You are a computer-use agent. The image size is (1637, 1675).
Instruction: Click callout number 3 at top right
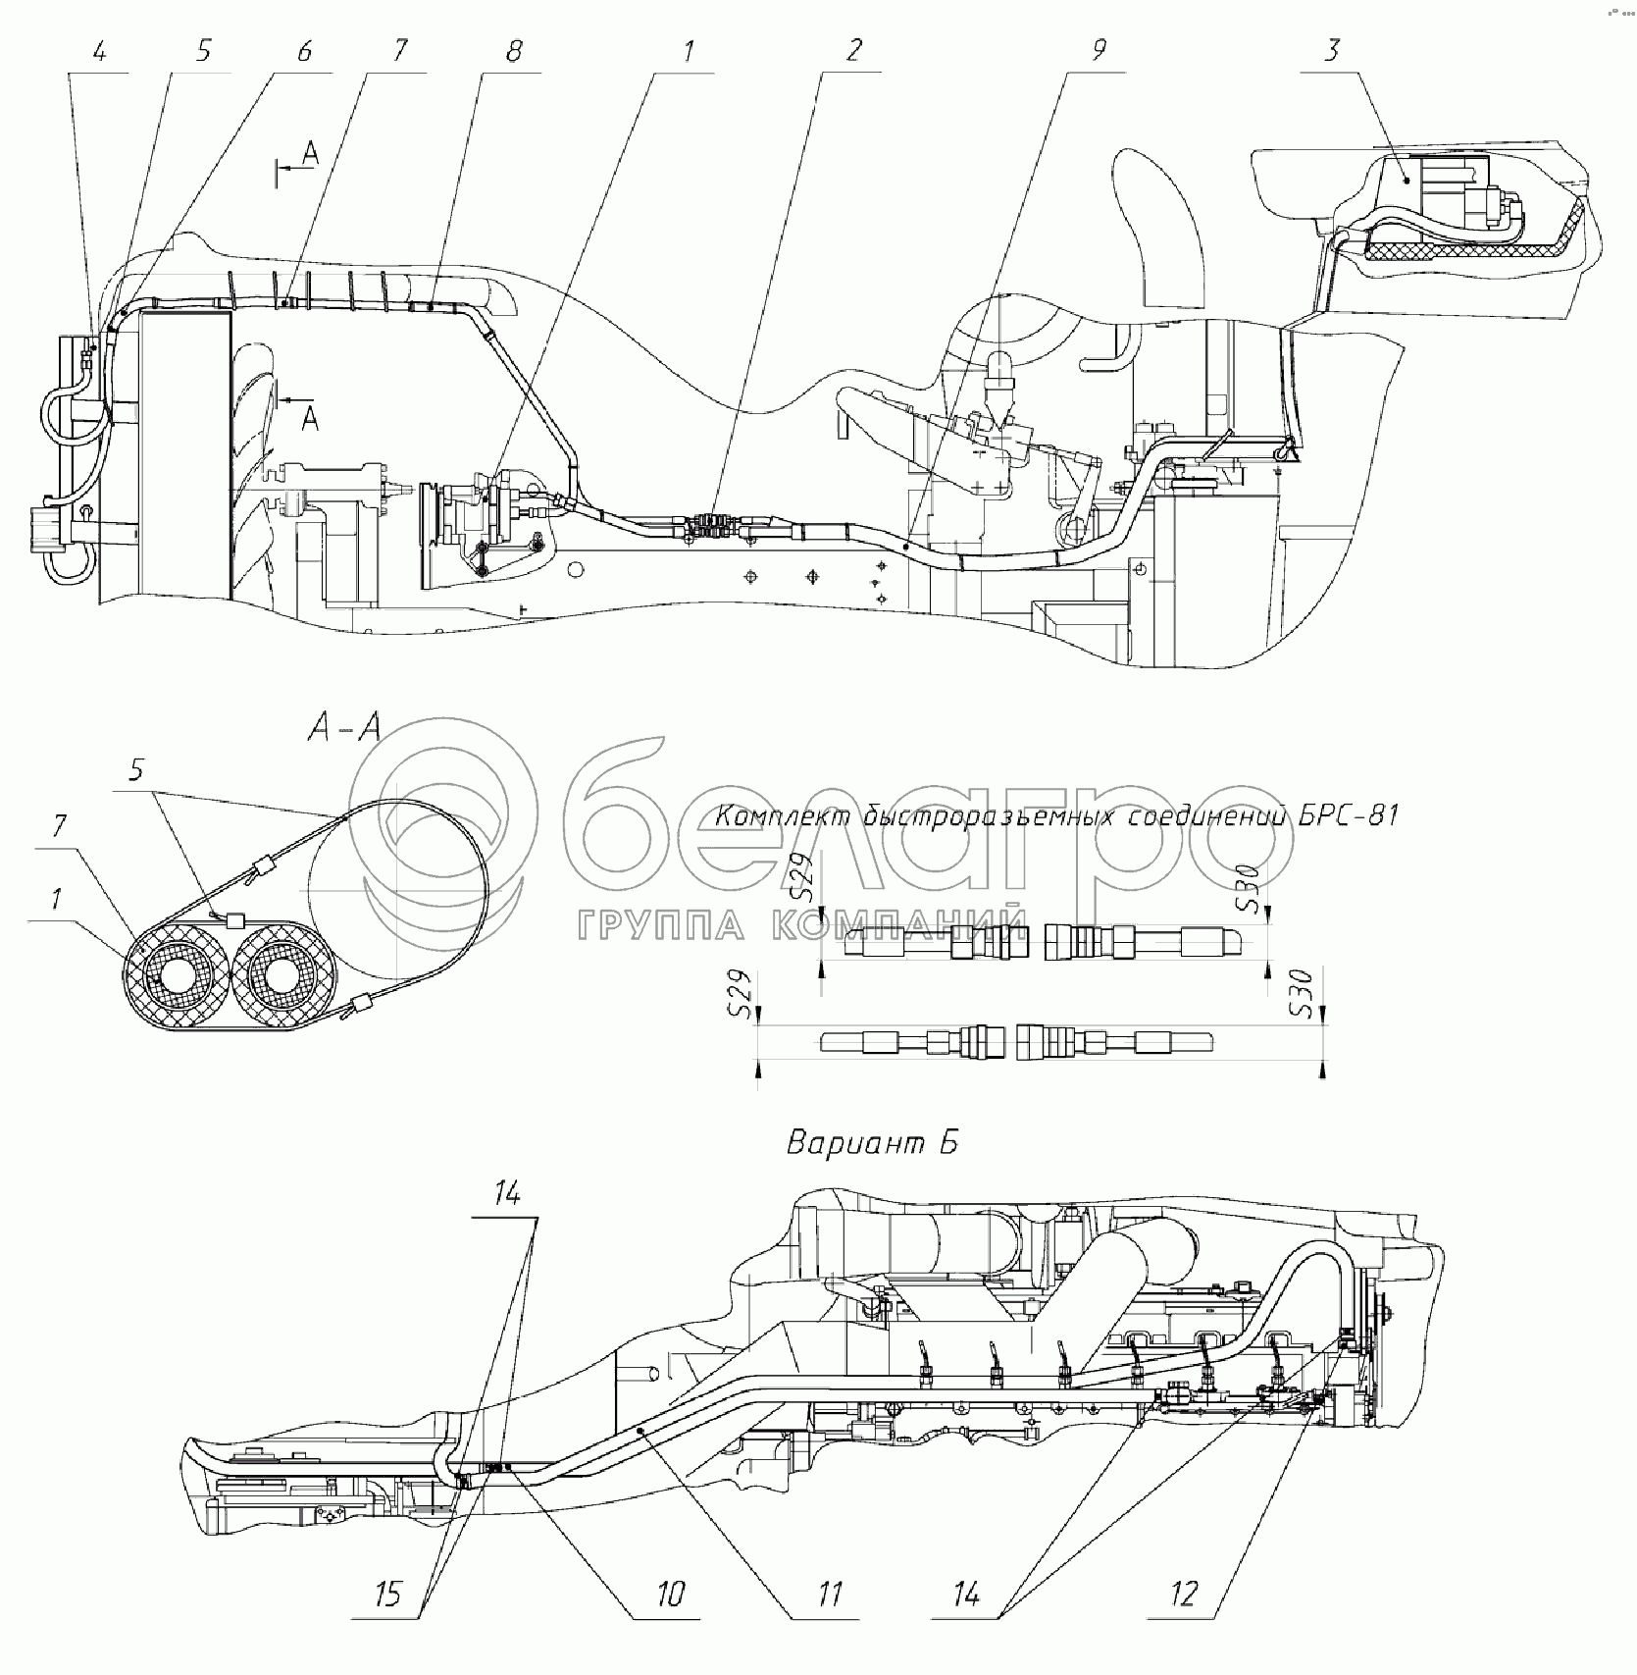[1331, 51]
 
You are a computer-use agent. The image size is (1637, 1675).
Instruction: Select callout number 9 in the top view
[1099, 51]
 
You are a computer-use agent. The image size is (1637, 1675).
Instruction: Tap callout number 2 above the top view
[852, 51]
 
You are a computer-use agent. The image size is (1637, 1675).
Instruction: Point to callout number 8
[514, 51]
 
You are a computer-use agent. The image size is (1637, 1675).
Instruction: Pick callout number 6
[304, 51]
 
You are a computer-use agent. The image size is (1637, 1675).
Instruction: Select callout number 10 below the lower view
[671, 1594]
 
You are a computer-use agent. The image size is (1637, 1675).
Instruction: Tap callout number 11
[831, 1594]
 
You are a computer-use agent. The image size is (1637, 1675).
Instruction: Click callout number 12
[1185, 1594]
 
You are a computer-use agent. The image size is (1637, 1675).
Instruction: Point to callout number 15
[389, 1594]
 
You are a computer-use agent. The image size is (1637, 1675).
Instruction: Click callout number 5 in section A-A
[136, 770]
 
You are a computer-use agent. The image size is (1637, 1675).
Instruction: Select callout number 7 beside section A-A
[58, 825]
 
